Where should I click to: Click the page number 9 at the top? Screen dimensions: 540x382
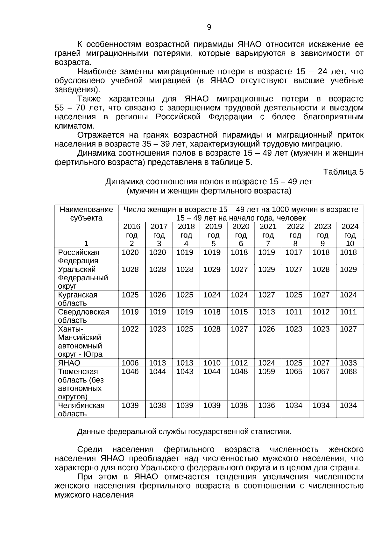point(209,27)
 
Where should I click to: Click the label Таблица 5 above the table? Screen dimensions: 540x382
point(343,172)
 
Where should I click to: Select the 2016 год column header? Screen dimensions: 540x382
point(131,231)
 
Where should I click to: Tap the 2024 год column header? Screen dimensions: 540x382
point(350,231)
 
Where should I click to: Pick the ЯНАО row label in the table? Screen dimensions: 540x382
point(69,363)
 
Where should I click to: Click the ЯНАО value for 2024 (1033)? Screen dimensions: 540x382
point(348,363)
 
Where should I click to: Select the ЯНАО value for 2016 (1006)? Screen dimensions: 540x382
point(130,363)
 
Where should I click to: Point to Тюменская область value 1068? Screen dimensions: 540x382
point(348,371)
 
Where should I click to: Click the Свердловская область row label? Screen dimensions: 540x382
point(83,316)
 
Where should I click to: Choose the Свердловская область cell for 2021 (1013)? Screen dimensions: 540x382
point(266,312)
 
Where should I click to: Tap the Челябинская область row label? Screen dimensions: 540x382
point(81,409)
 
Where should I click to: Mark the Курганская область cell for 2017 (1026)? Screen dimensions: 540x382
point(158,295)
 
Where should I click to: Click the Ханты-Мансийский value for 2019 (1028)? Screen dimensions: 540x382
point(212,329)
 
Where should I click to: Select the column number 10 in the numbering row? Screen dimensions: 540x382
point(350,243)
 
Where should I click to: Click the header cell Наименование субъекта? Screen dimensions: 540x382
point(86,214)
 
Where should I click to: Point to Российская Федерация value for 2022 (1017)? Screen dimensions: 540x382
point(294,252)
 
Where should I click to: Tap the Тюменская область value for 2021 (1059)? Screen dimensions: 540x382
point(266,371)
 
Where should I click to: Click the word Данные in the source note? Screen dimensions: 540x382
point(91,432)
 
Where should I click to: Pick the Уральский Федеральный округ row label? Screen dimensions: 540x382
point(83,277)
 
